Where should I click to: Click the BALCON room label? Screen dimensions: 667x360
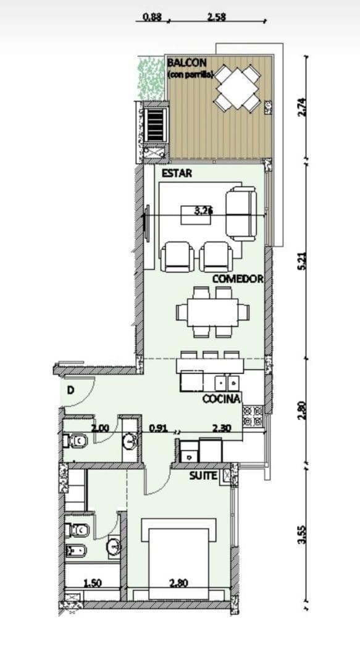pos(186,63)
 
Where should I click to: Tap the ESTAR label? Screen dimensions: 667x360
pos(177,174)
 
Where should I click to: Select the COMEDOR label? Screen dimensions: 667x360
pos(238,279)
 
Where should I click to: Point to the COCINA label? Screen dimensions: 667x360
pos(221,400)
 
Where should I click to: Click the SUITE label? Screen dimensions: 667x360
pos(203,476)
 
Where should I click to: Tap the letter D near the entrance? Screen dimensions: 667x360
pos(70,390)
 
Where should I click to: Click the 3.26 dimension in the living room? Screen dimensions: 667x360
pos(204,211)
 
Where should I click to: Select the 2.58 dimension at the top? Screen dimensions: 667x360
pos(216,18)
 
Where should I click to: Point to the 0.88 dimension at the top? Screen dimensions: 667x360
pos(152,18)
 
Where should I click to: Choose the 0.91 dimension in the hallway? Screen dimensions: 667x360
pos(159,427)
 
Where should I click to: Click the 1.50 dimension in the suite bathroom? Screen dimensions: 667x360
pos(93,582)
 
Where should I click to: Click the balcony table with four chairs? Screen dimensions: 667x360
pos(238,89)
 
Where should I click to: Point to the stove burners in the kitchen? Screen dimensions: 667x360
pos(253,416)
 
